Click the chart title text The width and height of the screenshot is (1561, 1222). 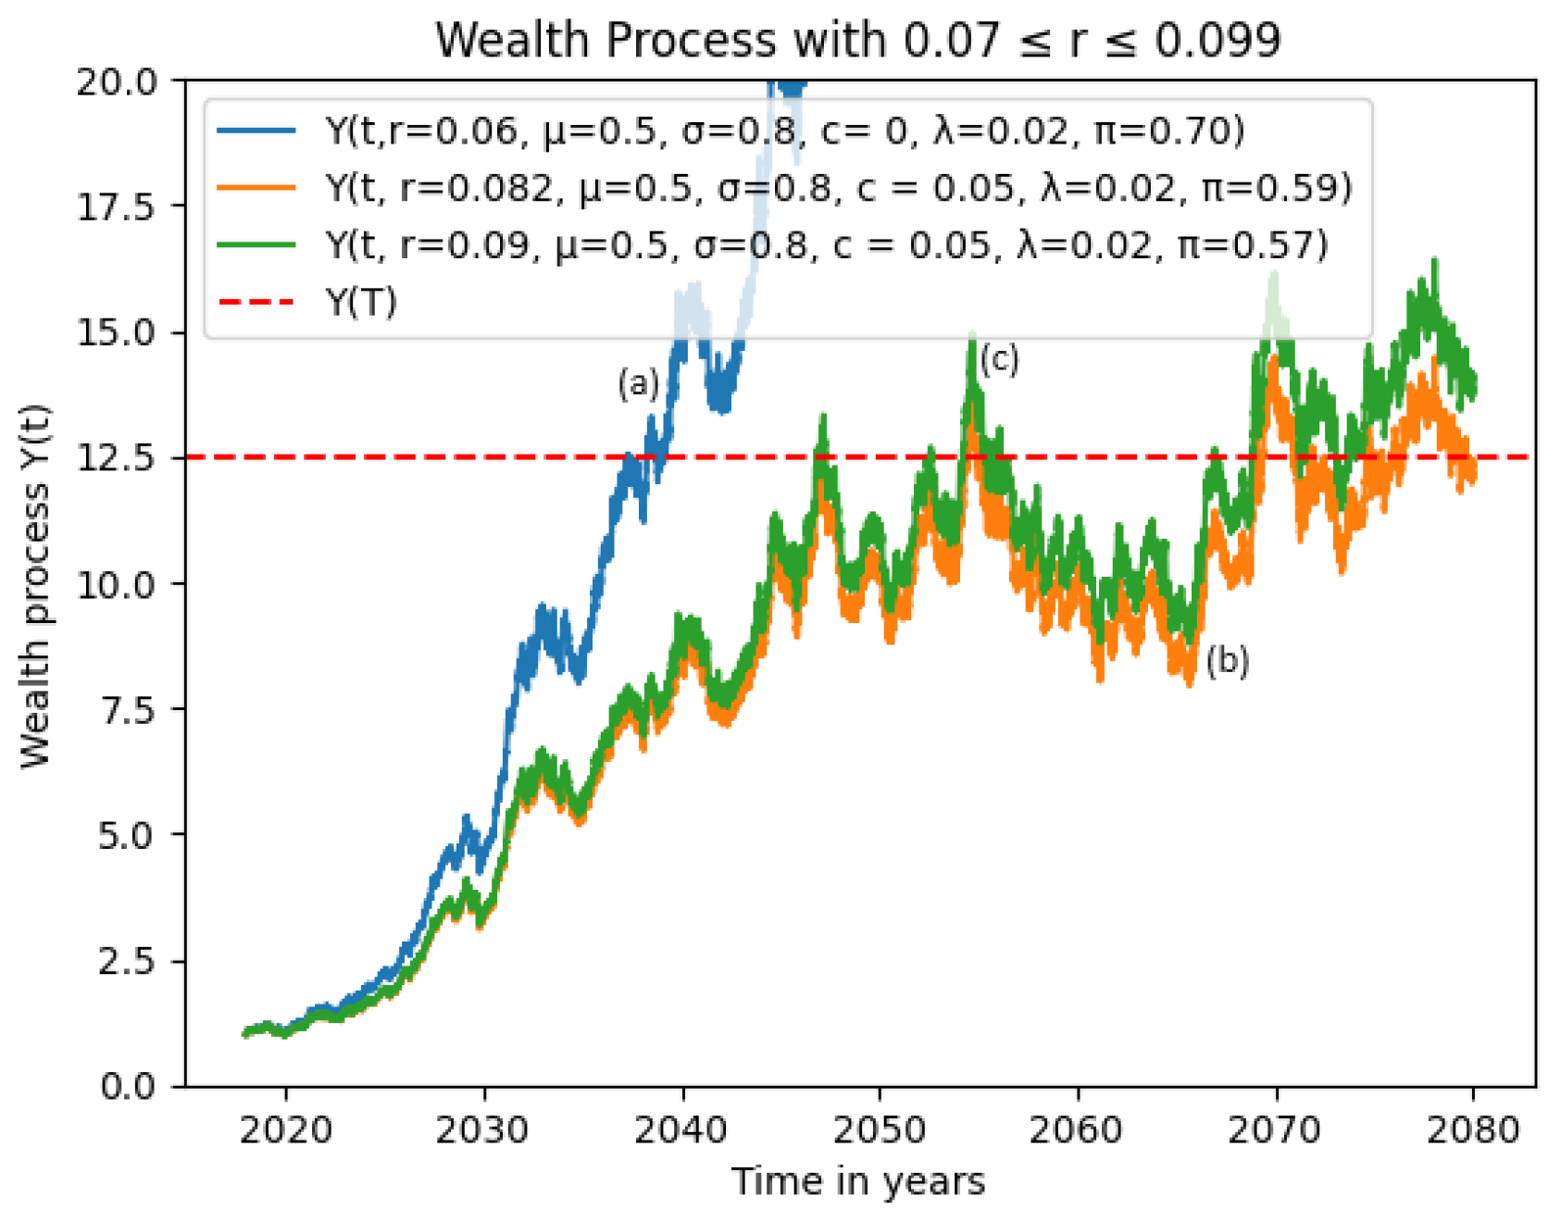[x=858, y=41]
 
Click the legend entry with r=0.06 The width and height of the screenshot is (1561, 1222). [x=784, y=131]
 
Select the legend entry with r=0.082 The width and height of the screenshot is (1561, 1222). [x=838, y=188]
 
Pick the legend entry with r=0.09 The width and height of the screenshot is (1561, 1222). [x=826, y=245]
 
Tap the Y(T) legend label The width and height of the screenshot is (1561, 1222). [x=361, y=302]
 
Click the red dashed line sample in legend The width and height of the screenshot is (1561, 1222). [x=256, y=302]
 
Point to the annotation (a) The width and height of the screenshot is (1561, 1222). [x=638, y=382]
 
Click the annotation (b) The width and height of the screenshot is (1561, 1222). [x=1228, y=661]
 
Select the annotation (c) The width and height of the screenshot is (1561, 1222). [x=999, y=358]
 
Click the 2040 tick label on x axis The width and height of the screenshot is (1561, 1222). [x=681, y=1130]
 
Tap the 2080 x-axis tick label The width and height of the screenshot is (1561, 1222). [x=1473, y=1130]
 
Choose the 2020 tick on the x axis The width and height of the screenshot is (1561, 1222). [x=285, y=1130]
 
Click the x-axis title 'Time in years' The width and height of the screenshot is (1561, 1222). [x=858, y=1182]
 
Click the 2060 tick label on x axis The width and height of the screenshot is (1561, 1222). [x=1077, y=1130]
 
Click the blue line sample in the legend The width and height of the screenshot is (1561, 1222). [x=256, y=131]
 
